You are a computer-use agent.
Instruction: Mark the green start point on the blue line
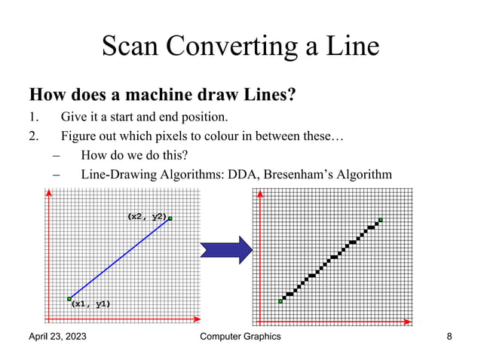click(x=69, y=298)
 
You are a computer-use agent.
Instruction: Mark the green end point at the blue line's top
click(x=170, y=218)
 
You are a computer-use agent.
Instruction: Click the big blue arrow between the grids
click(x=225, y=249)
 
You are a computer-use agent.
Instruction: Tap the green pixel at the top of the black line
click(x=381, y=220)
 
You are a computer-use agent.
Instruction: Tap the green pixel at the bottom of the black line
click(x=280, y=301)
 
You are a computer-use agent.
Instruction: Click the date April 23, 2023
click(x=57, y=337)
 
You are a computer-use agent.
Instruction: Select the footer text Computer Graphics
click(x=240, y=337)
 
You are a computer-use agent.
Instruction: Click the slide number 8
click(x=449, y=337)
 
